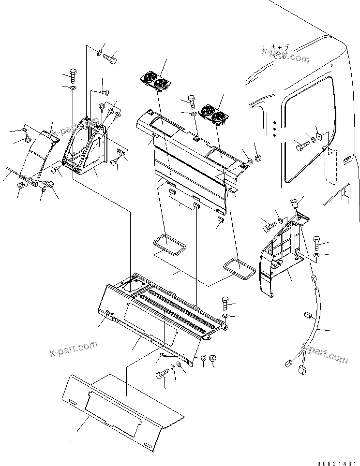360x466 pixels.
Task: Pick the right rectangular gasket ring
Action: point(239,267)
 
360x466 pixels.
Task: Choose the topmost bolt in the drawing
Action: point(110,58)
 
